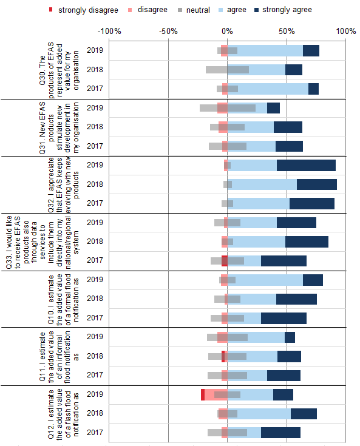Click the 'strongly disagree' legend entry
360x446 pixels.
tap(79, 10)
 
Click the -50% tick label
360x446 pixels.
tap(168, 31)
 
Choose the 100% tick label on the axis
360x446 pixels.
tap(345, 31)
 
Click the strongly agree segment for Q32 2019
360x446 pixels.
tap(306, 165)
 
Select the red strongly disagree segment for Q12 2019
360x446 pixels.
tap(203, 394)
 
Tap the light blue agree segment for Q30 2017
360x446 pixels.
tap(273, 89)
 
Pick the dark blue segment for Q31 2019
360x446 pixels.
tap(273, 108)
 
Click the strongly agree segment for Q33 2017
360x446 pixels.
tap(284, 261)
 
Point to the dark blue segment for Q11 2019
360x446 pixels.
tap(290, 337)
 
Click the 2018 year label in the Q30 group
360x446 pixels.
tap(94, 70)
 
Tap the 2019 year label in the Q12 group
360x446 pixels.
tap(94, 394)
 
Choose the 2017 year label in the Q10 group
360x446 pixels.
tap(94, 318)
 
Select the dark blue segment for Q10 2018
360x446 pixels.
tap(296, 299)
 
